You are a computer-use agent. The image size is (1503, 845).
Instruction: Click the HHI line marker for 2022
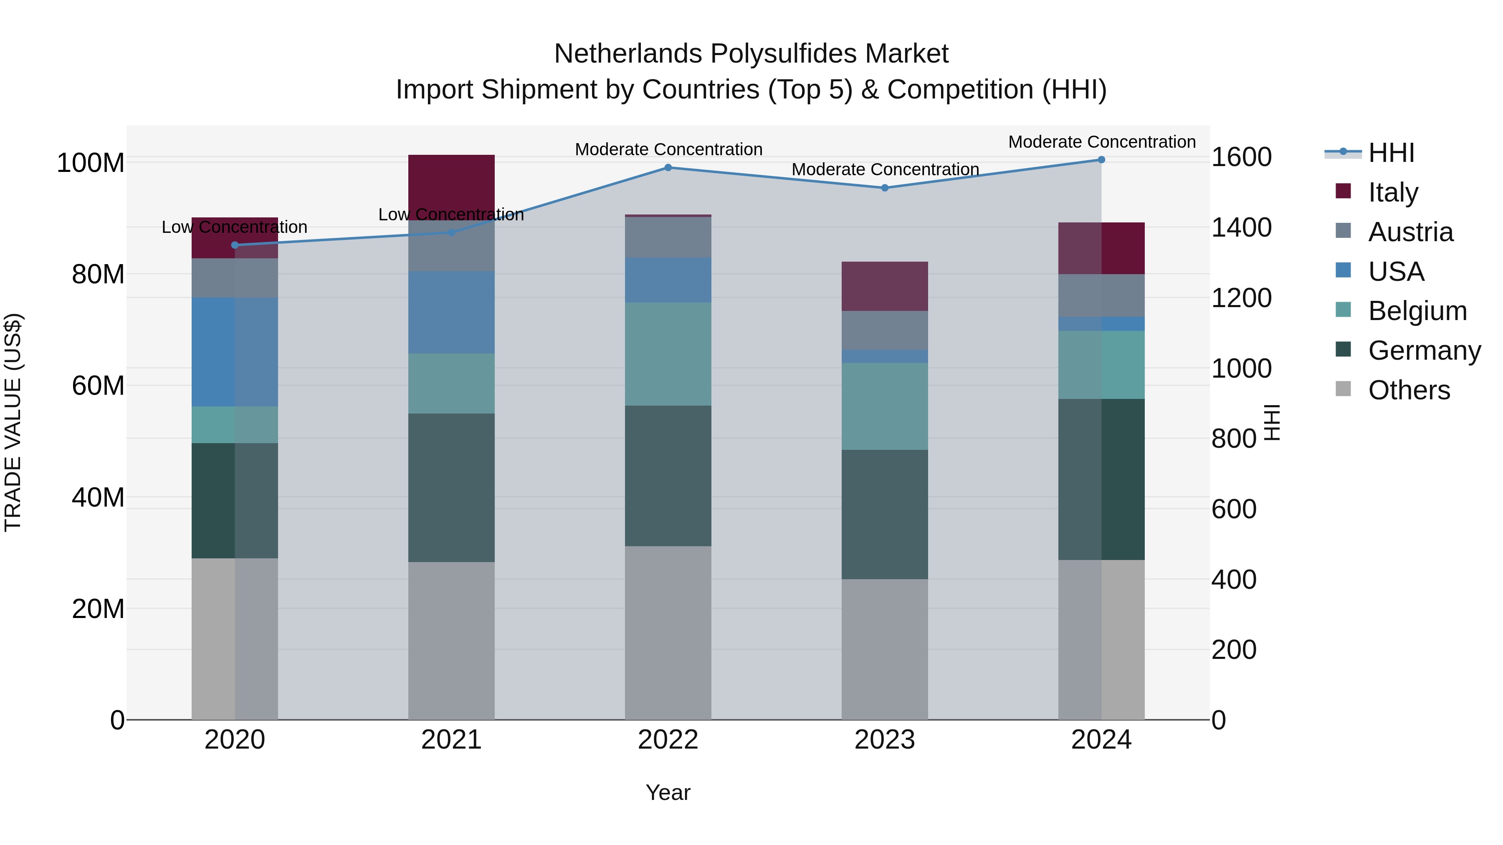click(x=668, y=168)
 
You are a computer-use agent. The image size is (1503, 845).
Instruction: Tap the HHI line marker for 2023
click(x=885, y=188)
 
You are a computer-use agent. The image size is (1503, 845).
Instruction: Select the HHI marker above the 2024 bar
click(x=1101, y=160)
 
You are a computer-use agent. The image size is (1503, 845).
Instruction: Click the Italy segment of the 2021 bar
click(x=451, y=184)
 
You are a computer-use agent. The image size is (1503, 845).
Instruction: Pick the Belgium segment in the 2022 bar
click(x=668, y=354)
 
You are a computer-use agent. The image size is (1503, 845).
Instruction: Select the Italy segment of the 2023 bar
click(x=885, y=286)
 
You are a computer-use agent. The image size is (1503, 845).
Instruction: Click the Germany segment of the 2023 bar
click(x=885, y=515)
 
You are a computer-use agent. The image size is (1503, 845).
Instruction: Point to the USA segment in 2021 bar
click(x=451, y=313)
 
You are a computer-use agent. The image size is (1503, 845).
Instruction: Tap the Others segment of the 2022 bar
click(x=668, y=633)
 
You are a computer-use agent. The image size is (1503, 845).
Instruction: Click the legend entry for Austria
click(x=1410, y=232)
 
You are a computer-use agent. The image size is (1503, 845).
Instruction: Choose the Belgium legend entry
click(x=1417, y=311)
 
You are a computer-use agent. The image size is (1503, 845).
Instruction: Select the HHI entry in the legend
click(x=1391, y=153)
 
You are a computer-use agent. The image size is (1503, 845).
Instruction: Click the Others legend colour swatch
click(x=1343, y=389)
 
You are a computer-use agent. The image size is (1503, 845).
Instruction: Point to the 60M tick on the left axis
click(x=98, y=386)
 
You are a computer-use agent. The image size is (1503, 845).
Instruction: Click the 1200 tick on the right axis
click(x=1241, y=298)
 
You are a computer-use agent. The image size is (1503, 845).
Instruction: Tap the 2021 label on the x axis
click(x=451, y=740)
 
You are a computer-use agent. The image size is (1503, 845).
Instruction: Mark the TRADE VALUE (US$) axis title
click(x=13, y=422)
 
